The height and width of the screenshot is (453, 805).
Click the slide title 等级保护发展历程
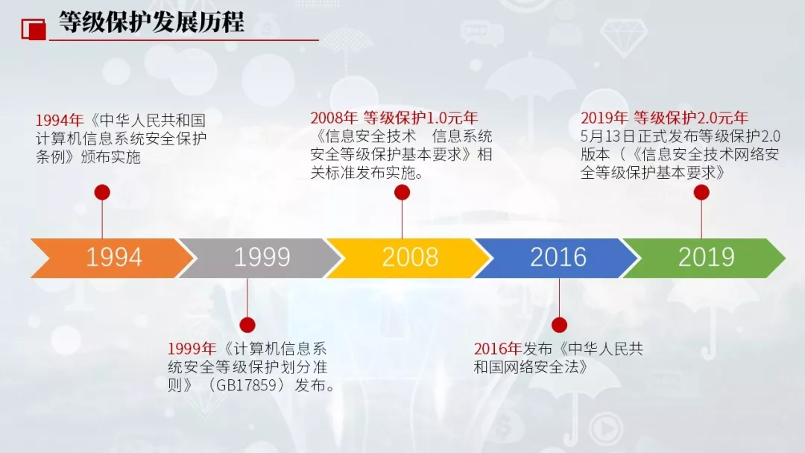click(151, 22)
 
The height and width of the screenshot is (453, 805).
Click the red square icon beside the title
click(33, 28)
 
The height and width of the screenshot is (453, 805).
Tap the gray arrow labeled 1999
click(262, 257)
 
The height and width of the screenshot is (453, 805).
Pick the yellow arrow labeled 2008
click(410, 257)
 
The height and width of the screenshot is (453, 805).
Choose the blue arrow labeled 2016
click(558, 257)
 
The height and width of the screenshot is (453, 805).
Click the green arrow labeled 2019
click(706, 257)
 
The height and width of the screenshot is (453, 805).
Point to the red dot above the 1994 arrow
click(102, 192)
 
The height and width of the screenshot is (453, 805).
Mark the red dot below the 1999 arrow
click(247, 325)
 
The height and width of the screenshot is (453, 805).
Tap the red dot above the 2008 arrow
click(402, 193)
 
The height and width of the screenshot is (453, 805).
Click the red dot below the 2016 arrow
click(559, 325)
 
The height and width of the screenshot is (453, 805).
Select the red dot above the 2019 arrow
click(701, 192)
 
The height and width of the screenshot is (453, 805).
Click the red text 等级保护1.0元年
click(420, 118)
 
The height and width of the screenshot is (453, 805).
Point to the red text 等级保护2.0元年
click(691, 118)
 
